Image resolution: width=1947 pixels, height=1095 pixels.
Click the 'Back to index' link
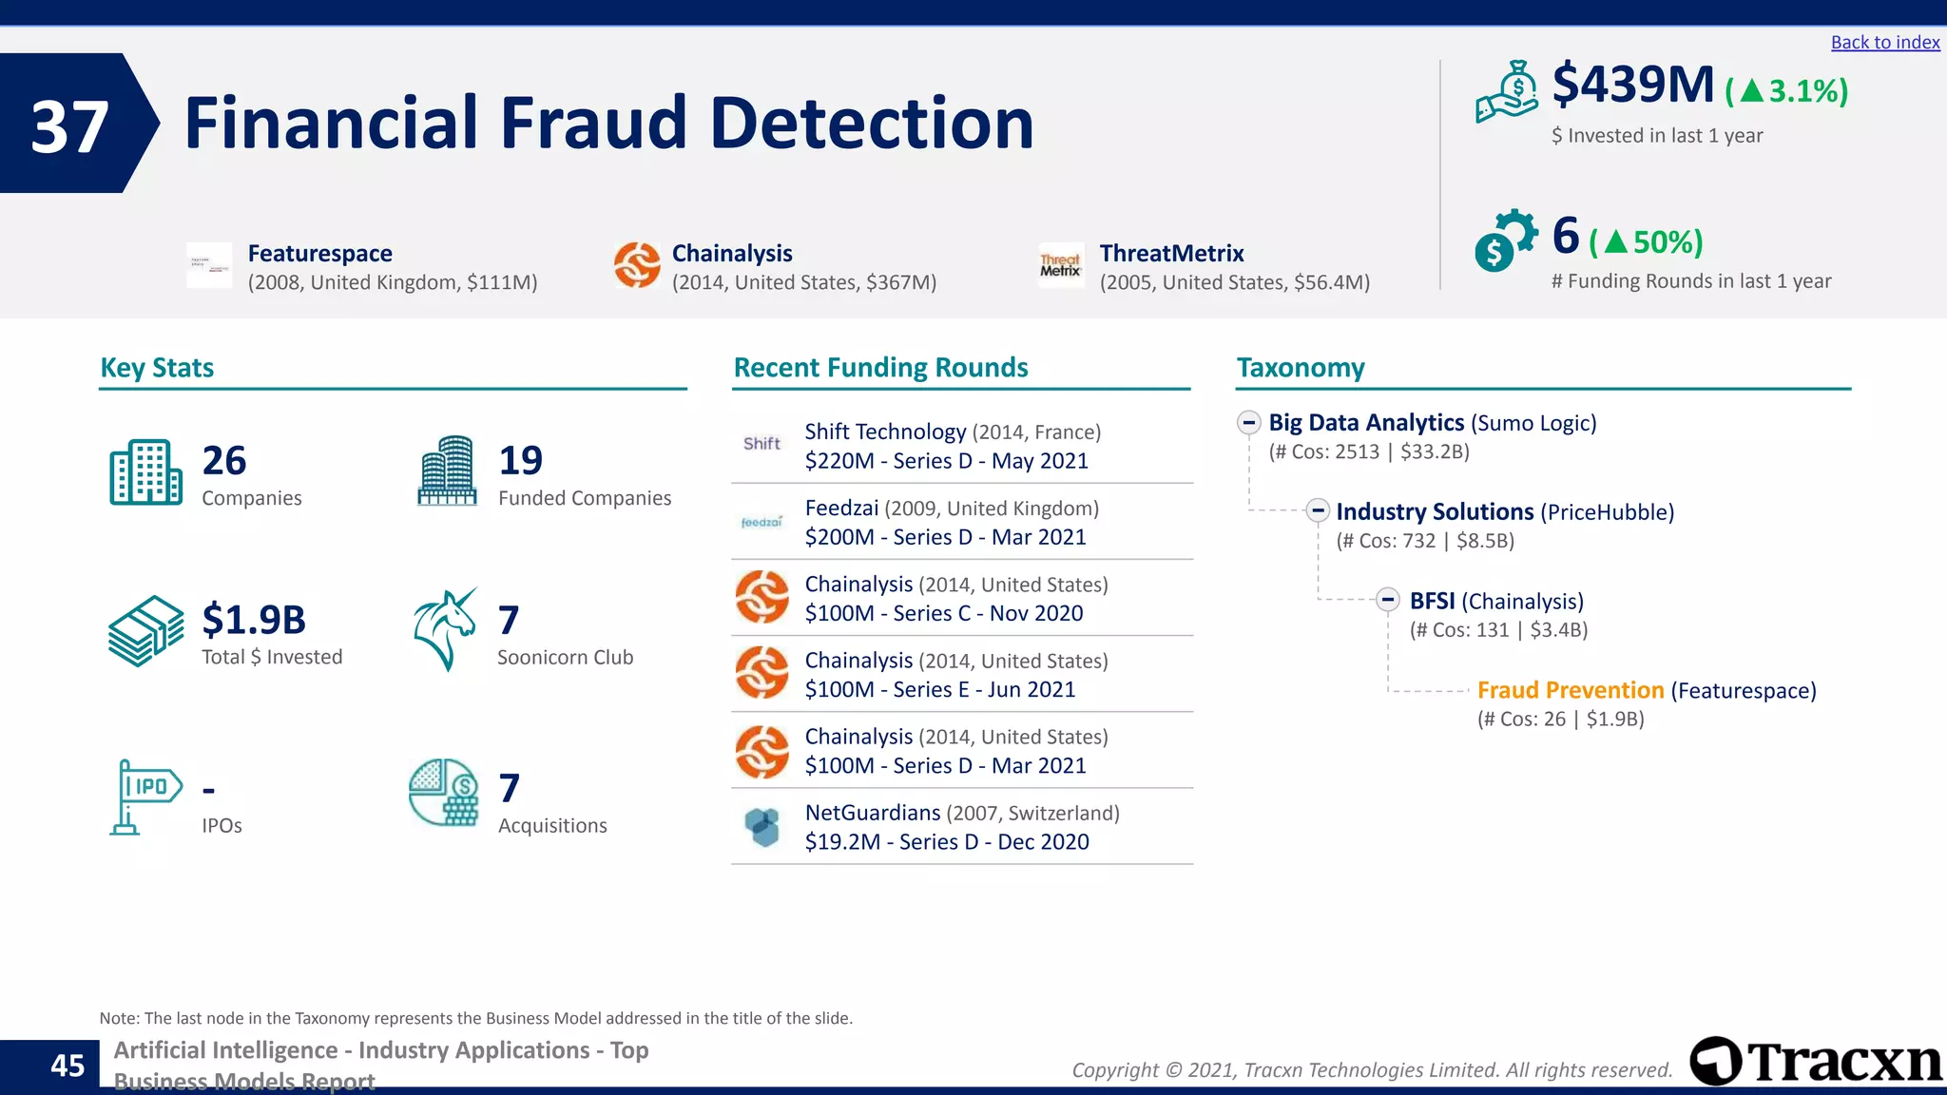point(1884,43)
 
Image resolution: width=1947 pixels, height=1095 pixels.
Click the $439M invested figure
point(1632,86)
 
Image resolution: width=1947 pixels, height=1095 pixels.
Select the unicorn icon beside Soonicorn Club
point(445,629)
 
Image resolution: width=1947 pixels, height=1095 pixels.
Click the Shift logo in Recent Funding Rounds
point(761,444)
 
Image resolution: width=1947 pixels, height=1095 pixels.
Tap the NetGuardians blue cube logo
point(761,826)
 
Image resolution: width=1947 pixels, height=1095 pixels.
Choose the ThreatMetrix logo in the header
point(1060,265)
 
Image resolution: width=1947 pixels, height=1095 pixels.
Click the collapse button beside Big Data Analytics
point(1249,423)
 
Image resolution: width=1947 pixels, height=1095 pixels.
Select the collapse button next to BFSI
point(1388,600)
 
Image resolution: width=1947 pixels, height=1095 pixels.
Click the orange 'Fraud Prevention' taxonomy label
point(1570,690)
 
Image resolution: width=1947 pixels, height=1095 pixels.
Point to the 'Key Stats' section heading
point(157,368)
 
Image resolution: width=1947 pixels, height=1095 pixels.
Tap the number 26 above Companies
point(224,461)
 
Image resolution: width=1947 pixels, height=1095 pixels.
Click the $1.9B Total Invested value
point(254,620)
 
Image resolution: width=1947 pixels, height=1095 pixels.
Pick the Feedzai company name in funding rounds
point(841,509)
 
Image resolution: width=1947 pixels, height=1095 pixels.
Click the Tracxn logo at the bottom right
point(1817,1061)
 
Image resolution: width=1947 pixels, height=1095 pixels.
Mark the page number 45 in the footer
point(67,1066)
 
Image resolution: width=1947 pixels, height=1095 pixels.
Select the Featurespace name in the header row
point(320,254)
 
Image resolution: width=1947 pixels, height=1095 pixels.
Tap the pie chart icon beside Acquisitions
point(443,792)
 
